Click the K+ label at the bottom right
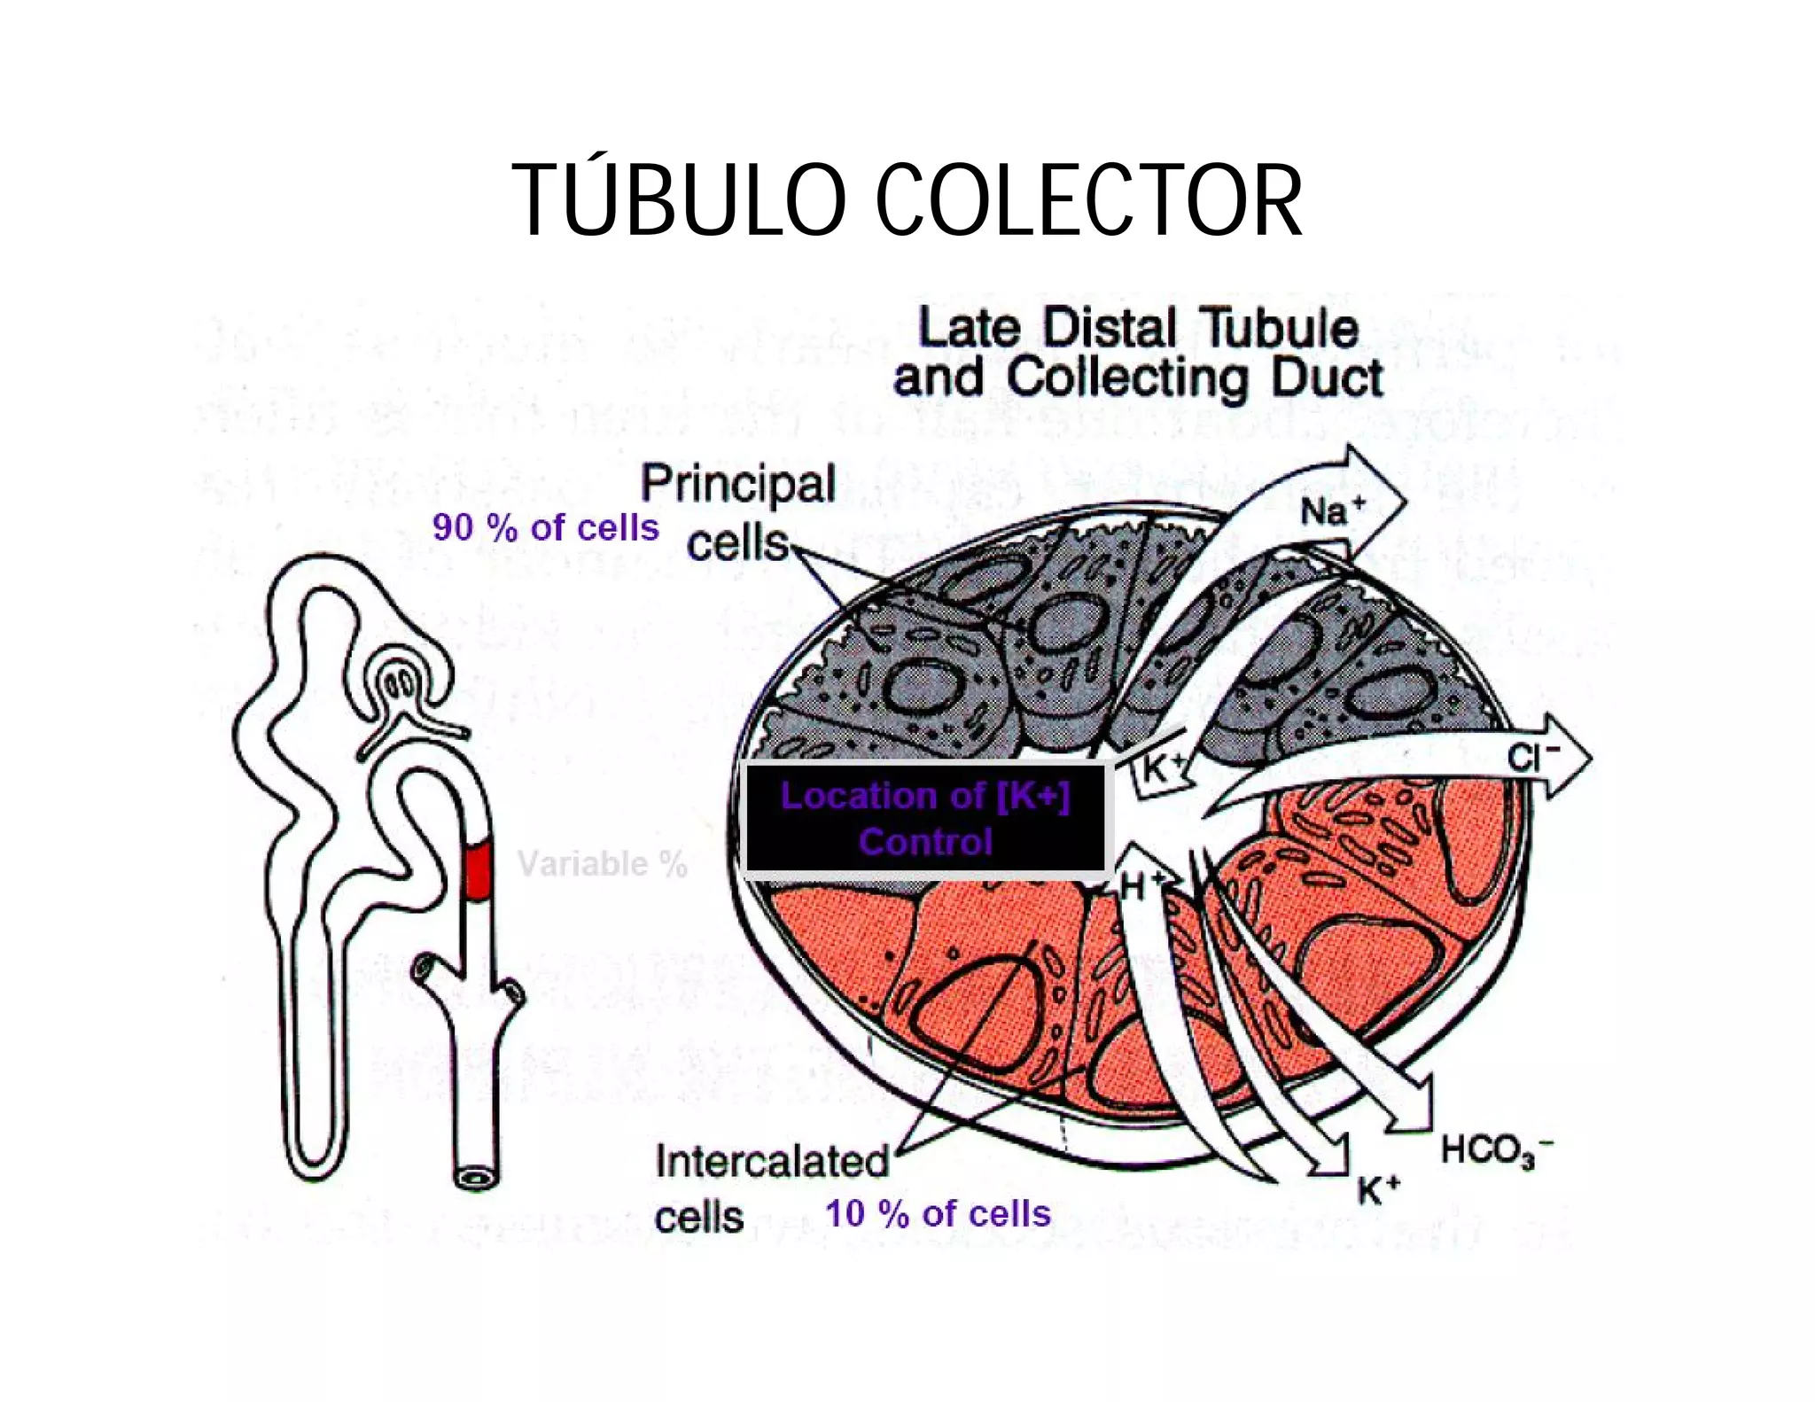(1378, 1191)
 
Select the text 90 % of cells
(545, 527)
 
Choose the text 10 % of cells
(938, 1213)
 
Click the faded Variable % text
(602, 863)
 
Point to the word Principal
(738, 484)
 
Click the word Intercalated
(772, 1161)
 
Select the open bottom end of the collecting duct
(476, 1178)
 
